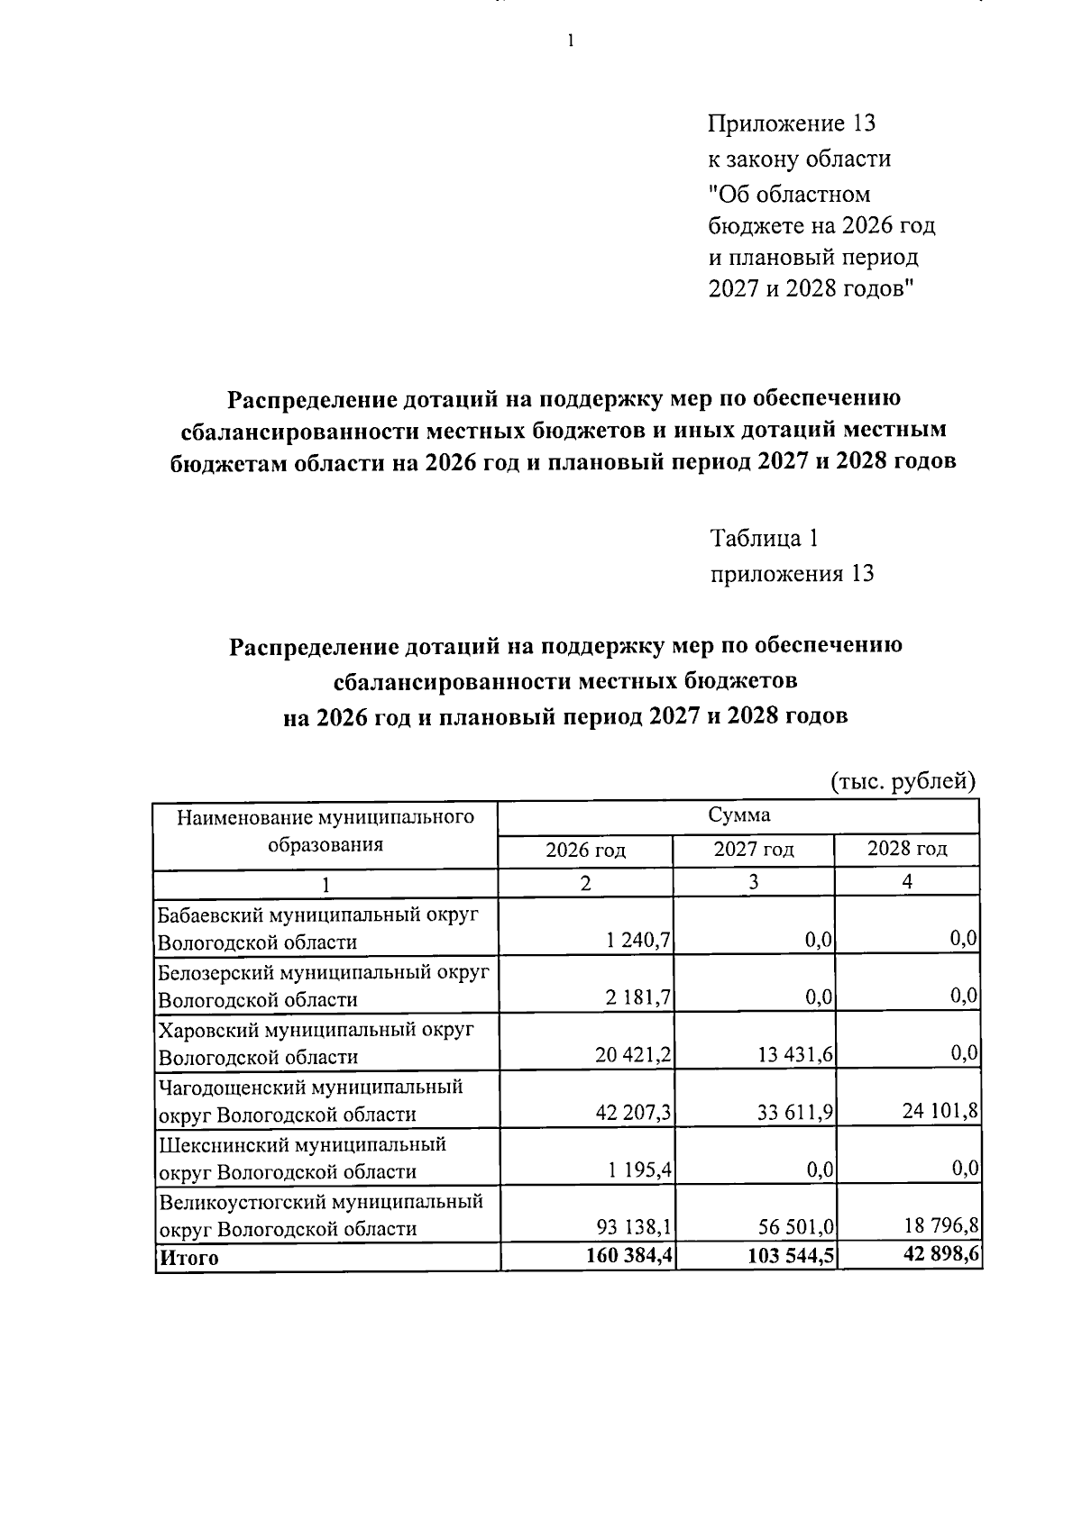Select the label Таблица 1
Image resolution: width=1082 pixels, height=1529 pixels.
(x=764, y=538)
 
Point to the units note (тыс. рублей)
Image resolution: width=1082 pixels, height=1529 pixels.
(x=903, y=780)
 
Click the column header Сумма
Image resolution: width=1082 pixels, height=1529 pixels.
(x=738, y=815)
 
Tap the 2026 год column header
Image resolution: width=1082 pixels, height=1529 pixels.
(x=585, y=850)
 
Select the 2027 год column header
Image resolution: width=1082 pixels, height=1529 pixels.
(x=754, y=849)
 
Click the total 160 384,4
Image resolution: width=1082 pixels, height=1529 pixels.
(x=630, y=1256)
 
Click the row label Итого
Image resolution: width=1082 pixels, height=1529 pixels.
(x=188, y=1258)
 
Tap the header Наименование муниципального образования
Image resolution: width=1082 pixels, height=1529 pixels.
(x=326, y=831)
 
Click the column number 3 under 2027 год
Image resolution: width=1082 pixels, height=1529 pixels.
(x=753, y=882)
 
